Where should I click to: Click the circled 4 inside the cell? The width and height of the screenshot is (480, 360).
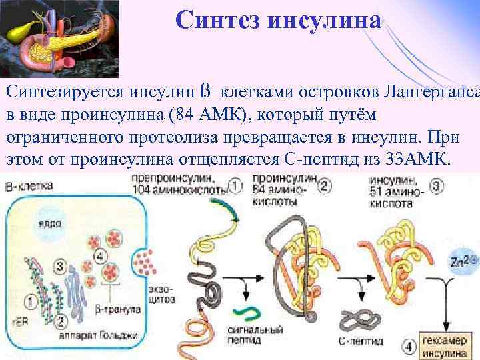click(x=101, y=257)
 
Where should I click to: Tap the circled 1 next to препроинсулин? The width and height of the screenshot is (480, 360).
click(x=235, y=185)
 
